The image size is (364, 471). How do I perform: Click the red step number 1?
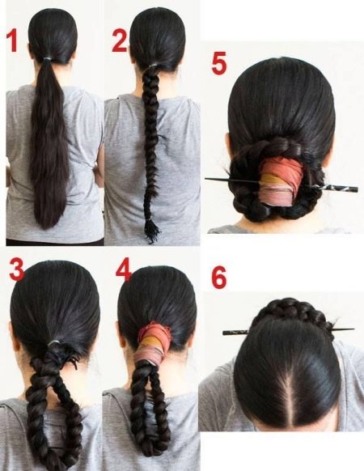click(x=12, y=40)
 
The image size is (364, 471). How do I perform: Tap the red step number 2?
click(x=120, y=40)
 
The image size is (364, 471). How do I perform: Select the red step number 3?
click(x=17, y=269)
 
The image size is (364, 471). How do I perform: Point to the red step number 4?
click(x=124, y=269)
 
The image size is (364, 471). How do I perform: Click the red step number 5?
click(x=219, y=63)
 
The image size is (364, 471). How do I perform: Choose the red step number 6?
click(x=219, y=278)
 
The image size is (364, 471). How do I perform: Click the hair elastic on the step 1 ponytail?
click(x=47, y=58)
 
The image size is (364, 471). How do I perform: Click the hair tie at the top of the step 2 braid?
click(x=153, y=66)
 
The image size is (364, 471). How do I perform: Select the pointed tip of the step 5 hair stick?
click(x=206, y=179)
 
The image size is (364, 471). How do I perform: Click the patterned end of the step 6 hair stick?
click(x=235, y=333)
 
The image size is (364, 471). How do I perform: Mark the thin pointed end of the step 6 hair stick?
click(x=353, y=329)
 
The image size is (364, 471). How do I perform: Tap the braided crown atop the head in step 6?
click(x=290, y=312)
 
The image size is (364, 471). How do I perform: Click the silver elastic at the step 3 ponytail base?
click(x=54, y=343)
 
